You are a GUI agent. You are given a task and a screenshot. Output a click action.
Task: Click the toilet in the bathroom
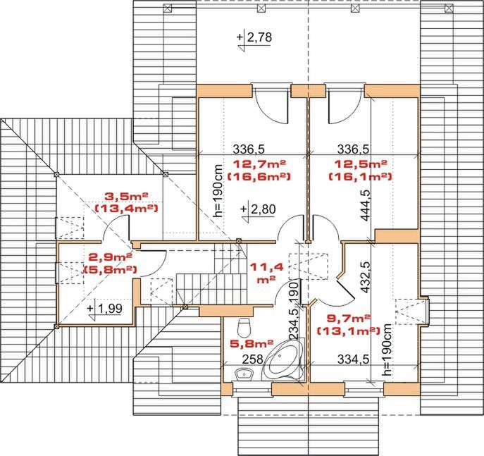point(244,328)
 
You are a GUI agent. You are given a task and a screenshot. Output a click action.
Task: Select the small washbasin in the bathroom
point(244,374)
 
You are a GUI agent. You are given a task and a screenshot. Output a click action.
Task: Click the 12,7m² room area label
point(259,164)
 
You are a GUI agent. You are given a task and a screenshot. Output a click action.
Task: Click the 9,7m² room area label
point(349,318)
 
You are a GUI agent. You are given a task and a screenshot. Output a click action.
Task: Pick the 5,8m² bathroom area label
point(252,343)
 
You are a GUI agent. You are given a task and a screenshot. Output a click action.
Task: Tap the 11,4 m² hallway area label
point(266,273)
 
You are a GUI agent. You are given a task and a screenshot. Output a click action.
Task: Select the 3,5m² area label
point(126,196)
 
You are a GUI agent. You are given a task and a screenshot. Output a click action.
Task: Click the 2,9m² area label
point(110,257)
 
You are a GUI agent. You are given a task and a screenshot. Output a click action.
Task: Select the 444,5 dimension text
point(366,205)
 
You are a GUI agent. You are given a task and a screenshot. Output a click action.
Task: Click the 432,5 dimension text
point(366,277)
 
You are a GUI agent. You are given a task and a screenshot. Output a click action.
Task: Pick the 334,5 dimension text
point(353,359)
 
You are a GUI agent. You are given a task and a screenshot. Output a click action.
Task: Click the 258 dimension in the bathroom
point(252,359)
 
